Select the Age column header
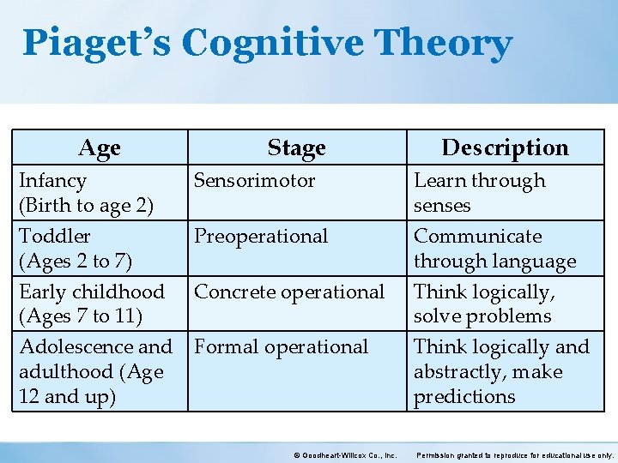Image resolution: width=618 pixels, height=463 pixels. coord(100,147)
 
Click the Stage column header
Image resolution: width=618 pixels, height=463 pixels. coord(296,147)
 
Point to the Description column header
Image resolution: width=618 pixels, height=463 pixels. coord(505,147)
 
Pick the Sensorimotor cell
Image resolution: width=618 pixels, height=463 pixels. coord(254,181)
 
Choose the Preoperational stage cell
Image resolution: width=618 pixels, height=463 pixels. coord(261,237)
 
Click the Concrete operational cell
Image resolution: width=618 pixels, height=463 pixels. coord(289,292)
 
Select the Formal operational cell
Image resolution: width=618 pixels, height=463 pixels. coord(281,347)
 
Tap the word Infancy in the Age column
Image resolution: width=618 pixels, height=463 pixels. coord(52,181)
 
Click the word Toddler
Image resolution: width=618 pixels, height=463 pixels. coord(54,237)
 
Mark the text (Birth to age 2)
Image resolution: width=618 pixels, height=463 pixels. coord(86,206)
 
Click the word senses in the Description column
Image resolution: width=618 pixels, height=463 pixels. coord(442,206)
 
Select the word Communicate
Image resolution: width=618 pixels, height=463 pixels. coord(477,237)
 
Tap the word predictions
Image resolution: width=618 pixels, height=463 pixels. coord(464,397)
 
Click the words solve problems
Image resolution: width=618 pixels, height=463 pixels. coord(482,316)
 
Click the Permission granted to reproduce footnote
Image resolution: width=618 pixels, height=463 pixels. coord(515,455)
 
